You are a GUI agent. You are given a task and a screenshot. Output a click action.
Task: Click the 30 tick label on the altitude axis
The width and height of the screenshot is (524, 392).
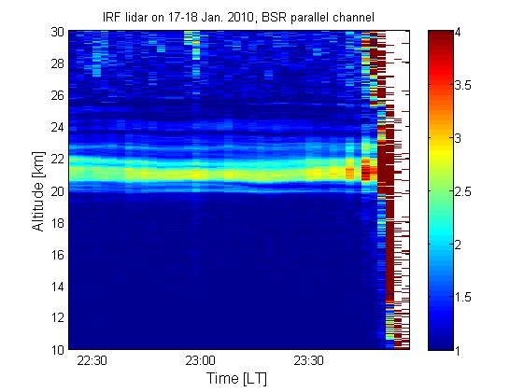[x=58, y=32]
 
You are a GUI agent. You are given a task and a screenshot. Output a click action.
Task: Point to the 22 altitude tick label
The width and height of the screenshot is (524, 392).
[x=58, y=159]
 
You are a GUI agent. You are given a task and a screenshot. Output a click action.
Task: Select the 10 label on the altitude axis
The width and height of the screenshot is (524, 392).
[x=58, y=350]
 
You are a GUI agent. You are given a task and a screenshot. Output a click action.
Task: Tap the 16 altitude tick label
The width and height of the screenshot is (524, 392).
[x=58, y=255]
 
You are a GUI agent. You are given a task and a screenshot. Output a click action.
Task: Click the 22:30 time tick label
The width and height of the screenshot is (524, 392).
[x=92, y=361]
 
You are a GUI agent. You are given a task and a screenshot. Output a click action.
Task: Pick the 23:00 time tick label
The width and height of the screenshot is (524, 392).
[x=200, y=361]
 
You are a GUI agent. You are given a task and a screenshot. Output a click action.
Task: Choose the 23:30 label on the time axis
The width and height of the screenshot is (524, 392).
[x=308, y=361]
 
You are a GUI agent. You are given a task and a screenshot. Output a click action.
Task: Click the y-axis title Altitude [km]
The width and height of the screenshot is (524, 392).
[x=38, y=191]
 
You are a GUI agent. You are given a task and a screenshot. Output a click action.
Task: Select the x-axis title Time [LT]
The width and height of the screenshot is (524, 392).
[x=236, y=379]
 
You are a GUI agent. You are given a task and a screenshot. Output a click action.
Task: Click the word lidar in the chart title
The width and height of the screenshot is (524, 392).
[x=137, y=17]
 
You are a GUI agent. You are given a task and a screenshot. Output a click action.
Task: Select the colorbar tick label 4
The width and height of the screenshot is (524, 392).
[x=458, y=33]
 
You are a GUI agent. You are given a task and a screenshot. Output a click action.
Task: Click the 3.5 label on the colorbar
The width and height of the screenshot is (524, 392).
[x=462, y=85]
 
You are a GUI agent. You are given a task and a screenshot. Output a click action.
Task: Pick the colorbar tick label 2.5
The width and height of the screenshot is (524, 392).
[x=462, y=191]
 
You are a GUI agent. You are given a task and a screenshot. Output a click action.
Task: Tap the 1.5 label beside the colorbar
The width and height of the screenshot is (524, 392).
[x=462, y=297]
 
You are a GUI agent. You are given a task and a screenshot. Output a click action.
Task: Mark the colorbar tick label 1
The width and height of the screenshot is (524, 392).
[x=458, y=350]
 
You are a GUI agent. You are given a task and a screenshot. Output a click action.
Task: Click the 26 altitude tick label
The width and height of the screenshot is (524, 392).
[x=58, y=95]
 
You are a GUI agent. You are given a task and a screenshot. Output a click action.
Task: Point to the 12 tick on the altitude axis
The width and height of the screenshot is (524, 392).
[x=58, y=317]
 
